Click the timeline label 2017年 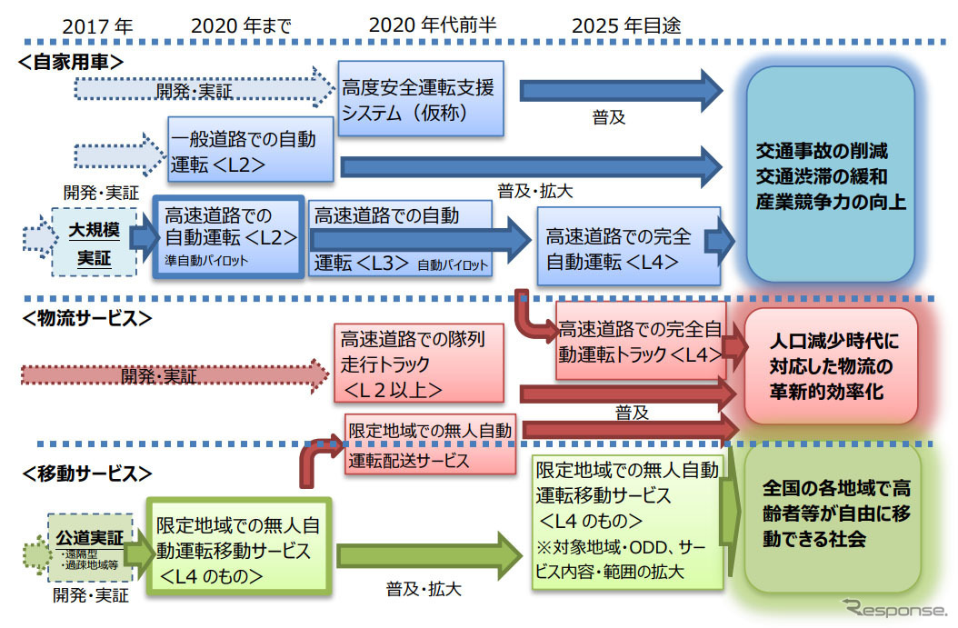97,26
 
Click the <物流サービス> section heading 85,319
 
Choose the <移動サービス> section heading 84,473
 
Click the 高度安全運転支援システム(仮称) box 419,99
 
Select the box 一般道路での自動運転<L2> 244,152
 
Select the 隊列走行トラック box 418,364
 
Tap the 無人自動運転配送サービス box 430,443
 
